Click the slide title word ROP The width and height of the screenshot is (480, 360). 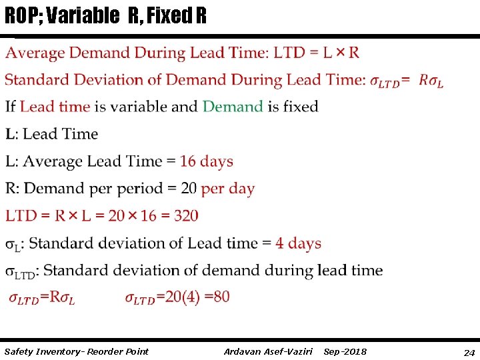tap(20, 16)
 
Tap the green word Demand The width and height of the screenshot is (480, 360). tap(233, 107)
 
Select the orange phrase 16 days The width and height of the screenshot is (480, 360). tap(207, 161)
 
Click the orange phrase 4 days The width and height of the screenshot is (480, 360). tap(299, 243)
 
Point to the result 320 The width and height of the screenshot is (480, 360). tap(185, 216)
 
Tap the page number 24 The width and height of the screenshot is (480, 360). tap(469, 352)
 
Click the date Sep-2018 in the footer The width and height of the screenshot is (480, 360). tap(345, 351)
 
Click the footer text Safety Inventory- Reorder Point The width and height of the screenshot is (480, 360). tap(76, 351)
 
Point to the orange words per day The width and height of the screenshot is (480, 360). tap(227, 189)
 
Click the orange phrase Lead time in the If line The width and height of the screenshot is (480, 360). tap(55, 107)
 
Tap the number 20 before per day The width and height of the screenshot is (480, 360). tap(189, 189)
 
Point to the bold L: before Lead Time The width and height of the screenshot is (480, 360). tap(11, 134)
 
